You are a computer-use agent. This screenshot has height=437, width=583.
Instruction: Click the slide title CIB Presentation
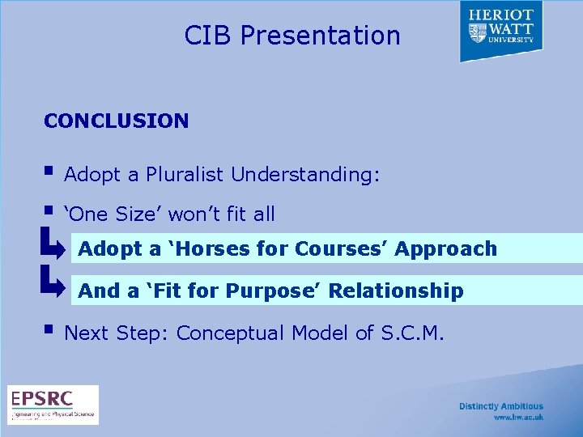[291, 36]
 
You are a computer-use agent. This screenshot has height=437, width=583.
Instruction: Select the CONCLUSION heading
[116, 121]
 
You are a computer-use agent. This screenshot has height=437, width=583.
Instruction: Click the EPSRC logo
[53, 404]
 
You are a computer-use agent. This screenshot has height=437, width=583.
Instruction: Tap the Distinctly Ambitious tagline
[501, 406]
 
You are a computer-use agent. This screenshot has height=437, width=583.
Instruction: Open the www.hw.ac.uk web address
[518, 418]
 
